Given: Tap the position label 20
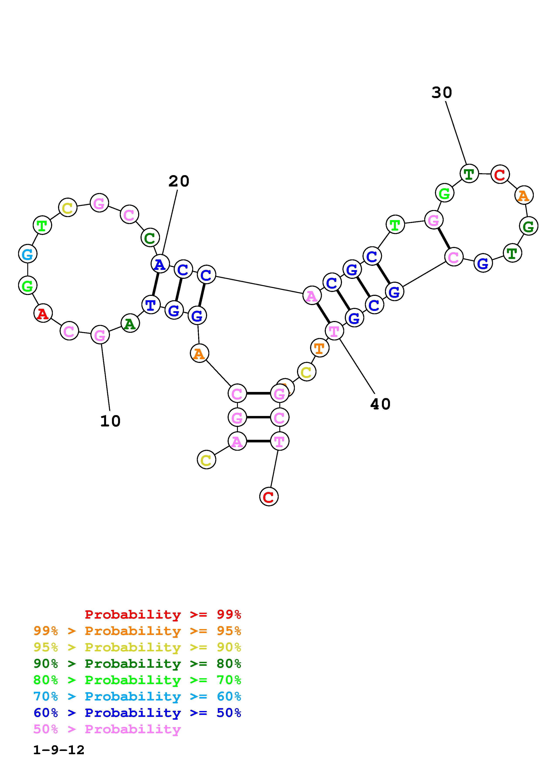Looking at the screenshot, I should tap(179, 181).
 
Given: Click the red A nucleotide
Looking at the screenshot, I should tap(43, 313).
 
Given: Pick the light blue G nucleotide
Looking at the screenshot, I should tap(27, 254).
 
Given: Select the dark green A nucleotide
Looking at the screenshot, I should tap(130, 323).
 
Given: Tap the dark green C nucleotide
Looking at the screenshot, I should tap(150, 238).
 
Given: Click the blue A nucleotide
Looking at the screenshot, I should tap(160, 264).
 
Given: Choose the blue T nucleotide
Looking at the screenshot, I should tap(151, 305).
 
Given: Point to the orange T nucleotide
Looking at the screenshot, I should tap(319, 348).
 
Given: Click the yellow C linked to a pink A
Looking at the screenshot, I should tap(206, 460).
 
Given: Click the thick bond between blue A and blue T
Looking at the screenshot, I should tap(155, 284).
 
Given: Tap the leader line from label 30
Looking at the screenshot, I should tap(456, 133).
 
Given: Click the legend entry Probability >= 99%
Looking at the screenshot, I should tap(163, 614).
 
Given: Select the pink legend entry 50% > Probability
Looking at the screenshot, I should tap(107, 729).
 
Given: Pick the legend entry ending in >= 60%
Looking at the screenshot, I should tap(137, 697).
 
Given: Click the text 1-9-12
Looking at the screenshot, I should tap(59, 750).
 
